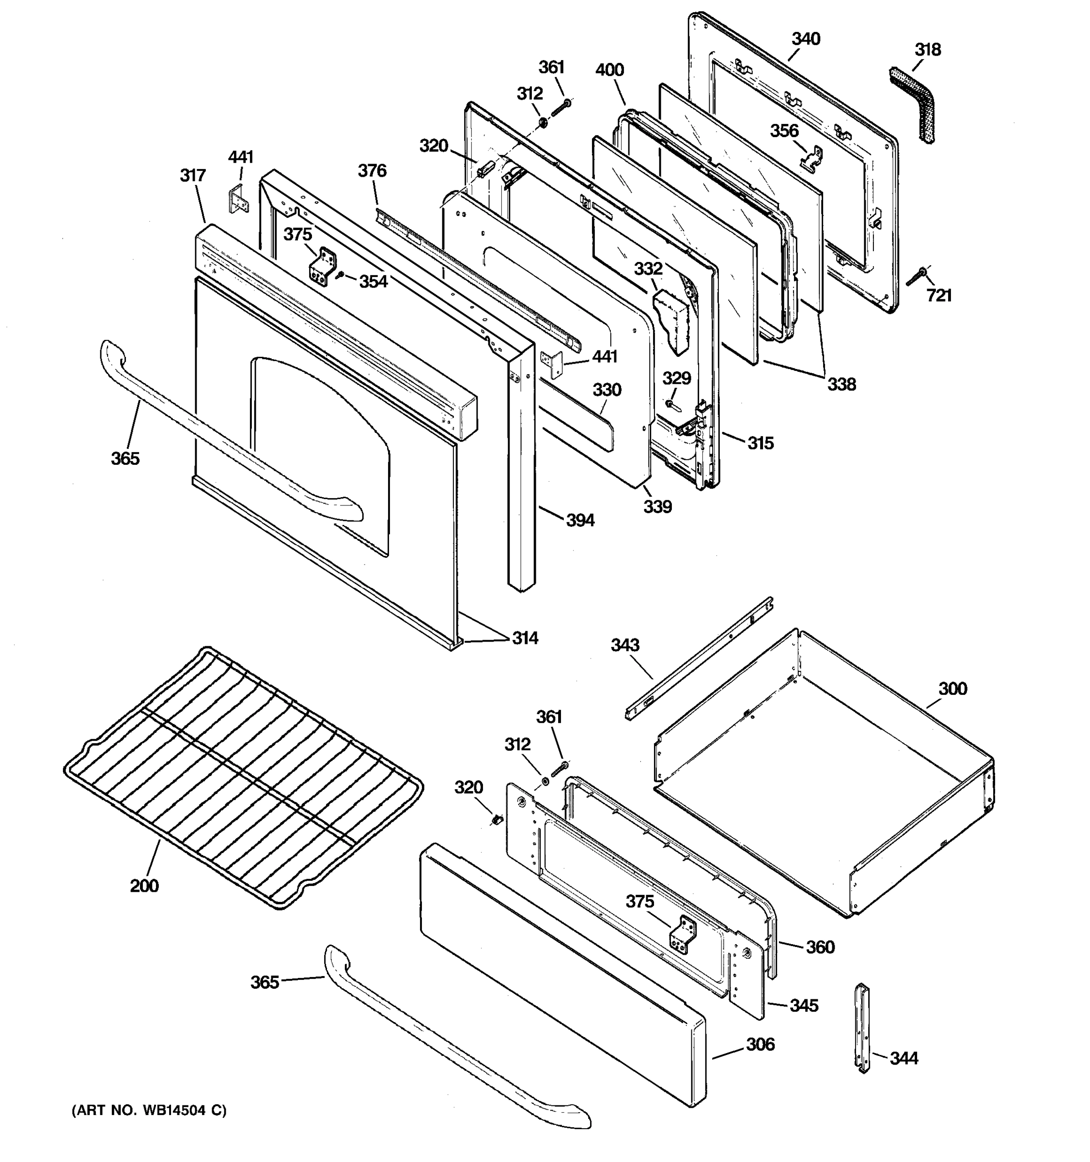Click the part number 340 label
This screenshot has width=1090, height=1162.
tap(805, 39)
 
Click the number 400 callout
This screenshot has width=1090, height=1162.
tap(609, 70)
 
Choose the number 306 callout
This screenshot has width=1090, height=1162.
tap(760, 1043)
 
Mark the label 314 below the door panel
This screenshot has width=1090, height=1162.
tap(525, 638)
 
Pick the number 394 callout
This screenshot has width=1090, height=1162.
tap(579, 520)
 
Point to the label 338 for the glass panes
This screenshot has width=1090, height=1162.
tap(841, 384)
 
